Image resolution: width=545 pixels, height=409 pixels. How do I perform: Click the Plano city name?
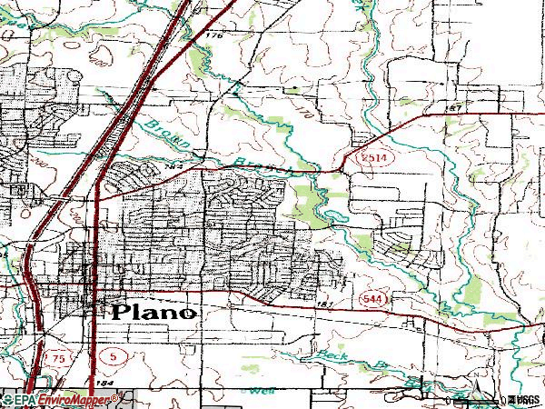[154, 312]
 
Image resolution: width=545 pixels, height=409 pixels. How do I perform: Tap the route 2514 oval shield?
[358, 158]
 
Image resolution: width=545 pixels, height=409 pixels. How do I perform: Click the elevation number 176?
[213, 35]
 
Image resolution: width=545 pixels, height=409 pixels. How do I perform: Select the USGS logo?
[525, 401]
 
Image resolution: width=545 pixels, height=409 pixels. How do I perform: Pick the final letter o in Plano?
[187, 313]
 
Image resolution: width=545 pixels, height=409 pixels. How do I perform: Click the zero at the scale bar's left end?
[449, 401]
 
